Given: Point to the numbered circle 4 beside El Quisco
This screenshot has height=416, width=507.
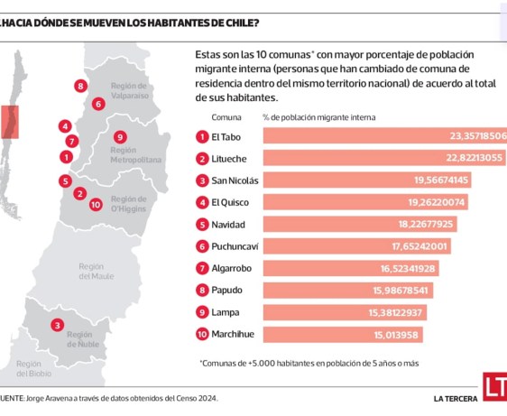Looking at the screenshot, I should click(201, 202).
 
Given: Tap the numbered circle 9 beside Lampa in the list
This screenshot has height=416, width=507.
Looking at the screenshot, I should click(201, 312).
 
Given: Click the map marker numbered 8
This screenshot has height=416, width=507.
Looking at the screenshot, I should click(80, 87).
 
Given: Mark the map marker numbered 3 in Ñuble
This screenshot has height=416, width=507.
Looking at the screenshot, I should click(57, 325).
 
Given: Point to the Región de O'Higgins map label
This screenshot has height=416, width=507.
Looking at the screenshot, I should click(127, 204).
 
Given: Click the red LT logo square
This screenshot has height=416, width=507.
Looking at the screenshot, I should click(494, 387).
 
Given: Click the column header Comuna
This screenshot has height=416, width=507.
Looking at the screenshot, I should click(226, 117).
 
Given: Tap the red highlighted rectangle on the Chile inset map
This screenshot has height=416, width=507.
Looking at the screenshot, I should click(9, 121).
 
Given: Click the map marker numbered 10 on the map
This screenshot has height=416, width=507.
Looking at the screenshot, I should click(96, 204).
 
